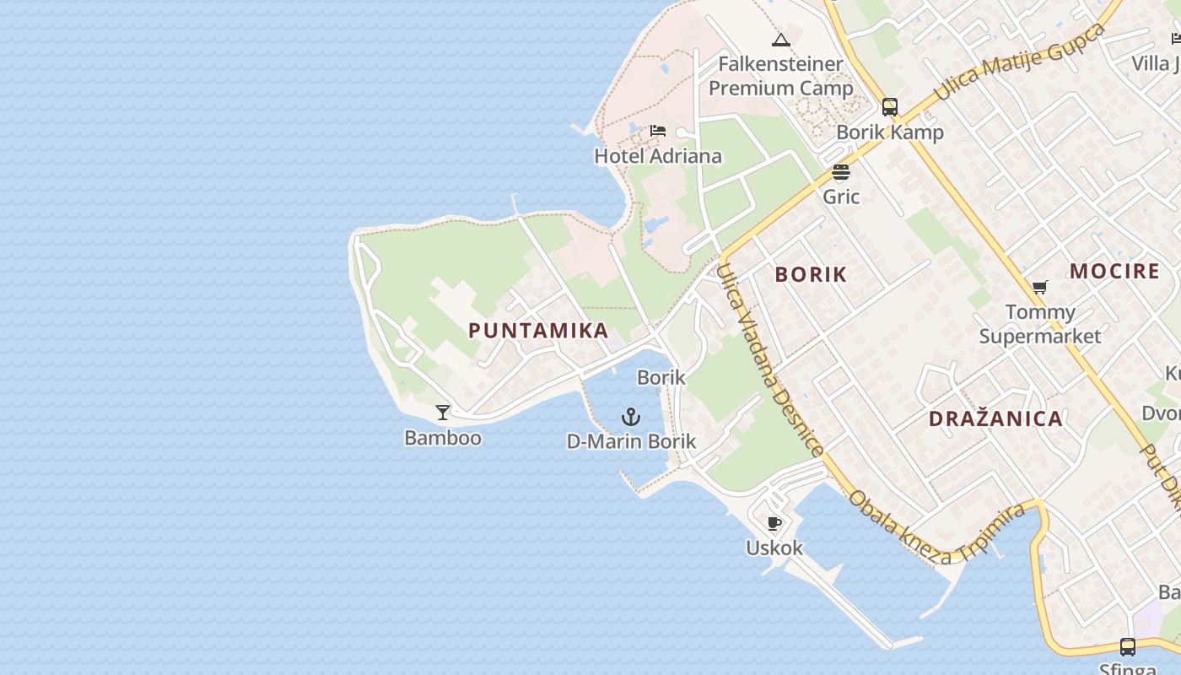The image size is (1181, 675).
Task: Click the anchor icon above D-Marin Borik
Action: pos(630,417)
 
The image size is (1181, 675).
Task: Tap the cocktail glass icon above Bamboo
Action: pos(442,413)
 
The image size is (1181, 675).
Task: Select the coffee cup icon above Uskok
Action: pos(774,523)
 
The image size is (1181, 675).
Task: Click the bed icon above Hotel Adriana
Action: pos(658,131)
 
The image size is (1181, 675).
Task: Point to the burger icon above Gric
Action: pos(841,172)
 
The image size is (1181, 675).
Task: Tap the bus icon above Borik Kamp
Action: pos(890,107)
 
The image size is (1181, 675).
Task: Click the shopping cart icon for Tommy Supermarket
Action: pos(1040,288)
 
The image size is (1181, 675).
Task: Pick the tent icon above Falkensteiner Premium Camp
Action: pos(781,40)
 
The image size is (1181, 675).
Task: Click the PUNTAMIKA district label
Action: pos(538,331)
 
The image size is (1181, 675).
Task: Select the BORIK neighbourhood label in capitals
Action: pos(811,275)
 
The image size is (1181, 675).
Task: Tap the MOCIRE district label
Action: pos(1114,272)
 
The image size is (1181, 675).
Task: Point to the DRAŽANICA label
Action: pos(995,419)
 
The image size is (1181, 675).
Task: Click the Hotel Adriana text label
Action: pos(658,156)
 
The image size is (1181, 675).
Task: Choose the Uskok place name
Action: pos(774,548)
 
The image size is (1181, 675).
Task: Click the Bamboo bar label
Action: pos(443,438)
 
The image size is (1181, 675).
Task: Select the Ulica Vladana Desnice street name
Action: pos(768,359)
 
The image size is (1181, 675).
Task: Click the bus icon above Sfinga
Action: pos(1128,647)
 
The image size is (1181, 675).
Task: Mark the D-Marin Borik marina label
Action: pos(631,441)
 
